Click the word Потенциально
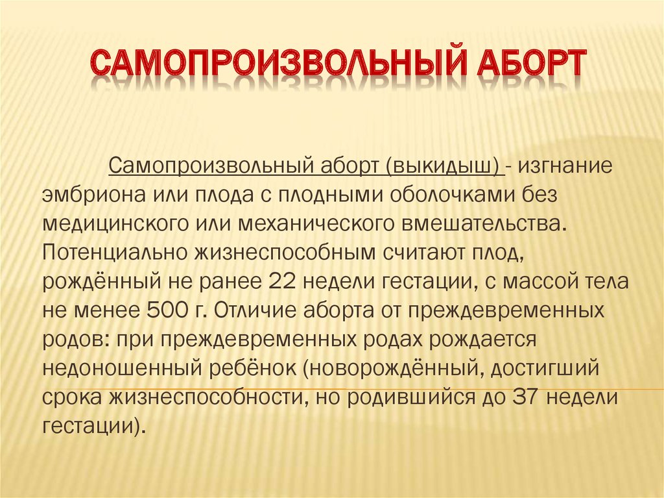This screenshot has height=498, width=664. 110,253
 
